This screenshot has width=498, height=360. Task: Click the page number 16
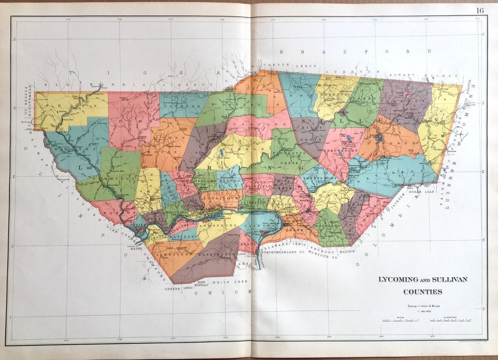tap(480, 10)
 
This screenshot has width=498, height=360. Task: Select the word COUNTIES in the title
tap(423, 292)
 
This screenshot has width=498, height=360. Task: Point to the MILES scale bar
tap(400, 320)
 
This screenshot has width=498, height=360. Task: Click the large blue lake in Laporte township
tap(379, 138)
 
